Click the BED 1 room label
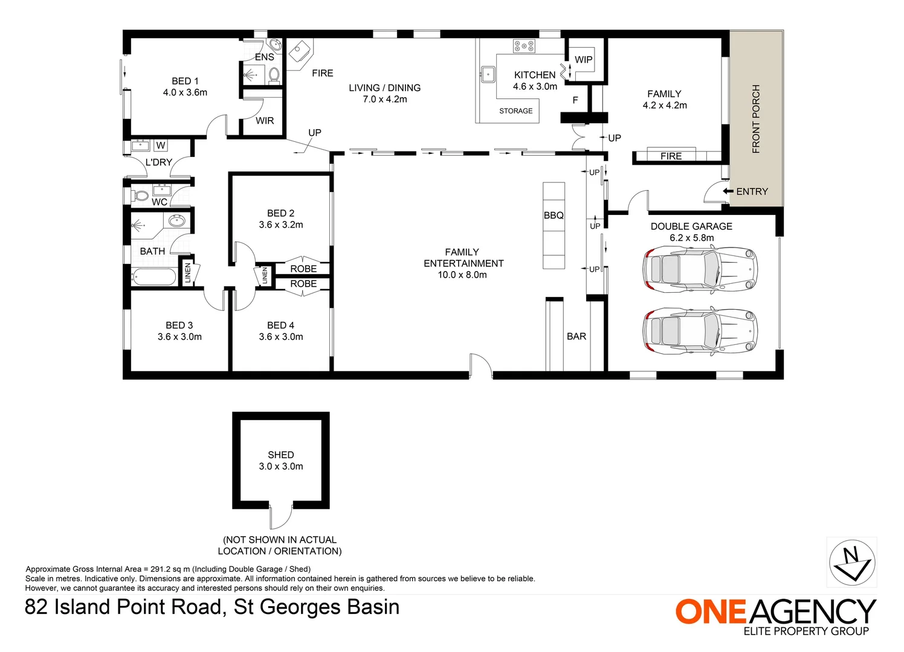point(185,81)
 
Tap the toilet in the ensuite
point(274,75)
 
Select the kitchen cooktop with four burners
point(524,46)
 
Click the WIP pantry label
point(583,60)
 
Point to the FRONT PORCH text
point(756,119)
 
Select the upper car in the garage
point(699,269)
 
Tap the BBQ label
point(554,216)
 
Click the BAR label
point(576,336)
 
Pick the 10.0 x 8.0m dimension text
point(462,275)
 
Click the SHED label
point(281,455)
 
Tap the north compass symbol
point(851,562)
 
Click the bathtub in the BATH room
point(153,276)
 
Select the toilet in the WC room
point(141,196)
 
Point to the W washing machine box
point(160,145)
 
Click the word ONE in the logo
point(711,612)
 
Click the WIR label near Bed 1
point(265,121)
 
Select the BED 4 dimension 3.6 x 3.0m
point(281,337)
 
